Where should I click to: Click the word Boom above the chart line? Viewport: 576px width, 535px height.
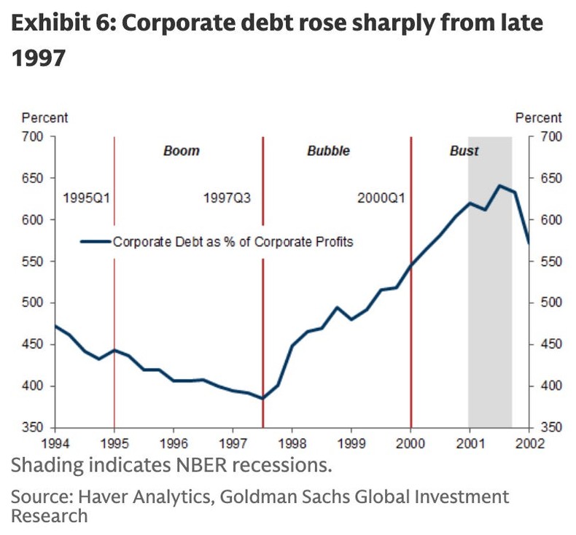point(181,152)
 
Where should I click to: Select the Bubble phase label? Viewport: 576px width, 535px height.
point(328,152)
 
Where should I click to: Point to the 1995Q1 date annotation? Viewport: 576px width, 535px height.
point(86,198)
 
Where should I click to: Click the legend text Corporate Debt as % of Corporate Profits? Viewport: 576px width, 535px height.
point(233,241)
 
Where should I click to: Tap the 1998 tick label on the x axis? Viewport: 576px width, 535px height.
point(292,442)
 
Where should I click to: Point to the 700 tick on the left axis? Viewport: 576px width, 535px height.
point(36,137)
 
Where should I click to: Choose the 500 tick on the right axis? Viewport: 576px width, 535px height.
point(550,303)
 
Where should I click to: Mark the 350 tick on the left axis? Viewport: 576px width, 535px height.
point(36,427)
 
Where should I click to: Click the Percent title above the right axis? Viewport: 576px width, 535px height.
point(538,117)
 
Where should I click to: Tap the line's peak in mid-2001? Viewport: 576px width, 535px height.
point(500,186)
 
